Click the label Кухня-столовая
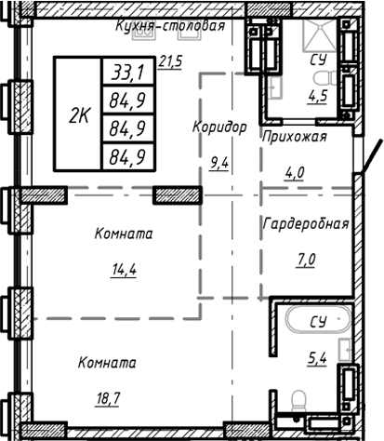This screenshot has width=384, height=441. click(170, 27)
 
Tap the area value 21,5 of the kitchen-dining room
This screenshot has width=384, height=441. click(171, 62)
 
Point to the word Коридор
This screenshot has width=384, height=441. click(218, 127)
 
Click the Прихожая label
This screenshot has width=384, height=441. click(295, 136)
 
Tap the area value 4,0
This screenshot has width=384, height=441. click(295, 170)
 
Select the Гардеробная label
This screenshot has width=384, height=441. click(306, 224)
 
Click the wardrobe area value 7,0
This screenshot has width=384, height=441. click(306, 260)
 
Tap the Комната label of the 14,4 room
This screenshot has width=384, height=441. click(123, 234)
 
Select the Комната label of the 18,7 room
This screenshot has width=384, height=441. click(108, 362)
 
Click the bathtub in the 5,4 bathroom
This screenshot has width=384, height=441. click(316, 323)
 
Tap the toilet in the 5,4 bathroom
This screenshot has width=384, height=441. click(299, 403)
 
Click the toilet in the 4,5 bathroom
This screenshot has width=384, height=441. click(277, 87)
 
